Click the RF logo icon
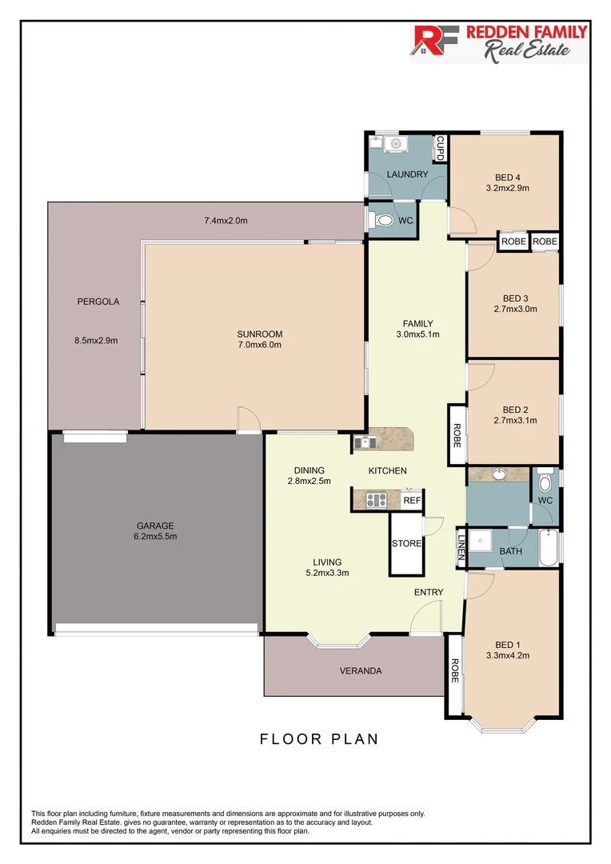432,43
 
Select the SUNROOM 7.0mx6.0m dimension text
259,345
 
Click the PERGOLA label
98,302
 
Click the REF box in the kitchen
411,501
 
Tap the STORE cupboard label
406,544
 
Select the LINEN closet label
461,548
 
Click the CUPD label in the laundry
440,149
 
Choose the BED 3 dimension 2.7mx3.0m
515,309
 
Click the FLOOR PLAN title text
319,739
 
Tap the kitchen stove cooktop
376,501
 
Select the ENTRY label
428,592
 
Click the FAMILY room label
417,323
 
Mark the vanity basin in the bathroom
497,474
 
